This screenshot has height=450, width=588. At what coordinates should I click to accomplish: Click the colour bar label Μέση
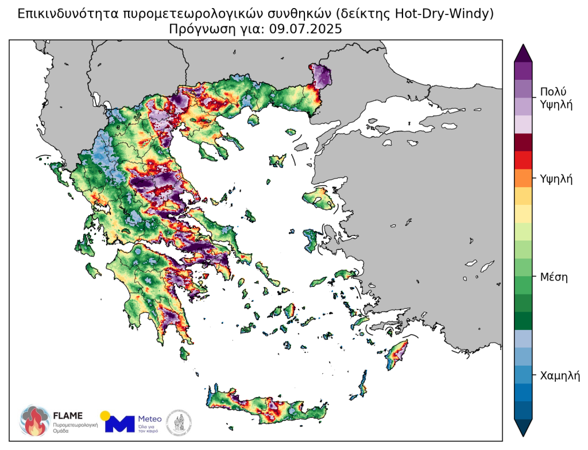pos(554,277)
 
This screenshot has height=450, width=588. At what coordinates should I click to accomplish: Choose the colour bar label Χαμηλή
pos(560,376)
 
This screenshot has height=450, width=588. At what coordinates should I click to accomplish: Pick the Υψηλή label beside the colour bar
pos(557,179)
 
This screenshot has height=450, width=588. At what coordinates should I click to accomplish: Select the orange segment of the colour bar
pos(523,178)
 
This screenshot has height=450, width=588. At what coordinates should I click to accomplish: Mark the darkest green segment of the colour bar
pos(523,320)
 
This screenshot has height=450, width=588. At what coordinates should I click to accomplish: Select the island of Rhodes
pos(397,353)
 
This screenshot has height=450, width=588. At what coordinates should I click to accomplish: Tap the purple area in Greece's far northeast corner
pos(322,75)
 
